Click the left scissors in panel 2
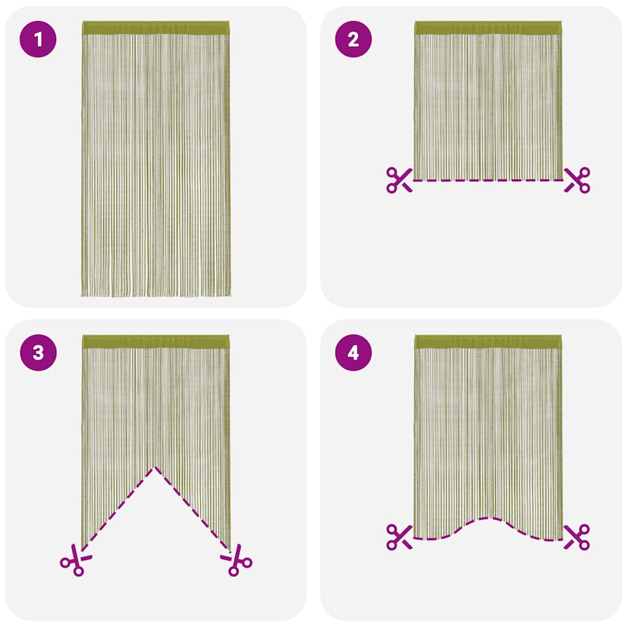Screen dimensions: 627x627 click(399, 180)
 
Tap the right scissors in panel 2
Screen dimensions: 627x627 click(577, 180)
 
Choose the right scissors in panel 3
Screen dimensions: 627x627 click(238, 561)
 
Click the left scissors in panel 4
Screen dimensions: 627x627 click(399, 536)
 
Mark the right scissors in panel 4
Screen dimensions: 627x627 click(577, 536)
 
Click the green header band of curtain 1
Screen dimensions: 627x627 click(156, 28)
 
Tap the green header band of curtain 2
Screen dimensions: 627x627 click(488, 28)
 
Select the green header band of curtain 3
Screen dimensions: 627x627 click(156, 342)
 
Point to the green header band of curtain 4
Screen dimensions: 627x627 click(488, 342)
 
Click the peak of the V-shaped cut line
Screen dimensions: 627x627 click(156, 468)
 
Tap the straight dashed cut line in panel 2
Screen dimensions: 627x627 click(488, 180)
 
